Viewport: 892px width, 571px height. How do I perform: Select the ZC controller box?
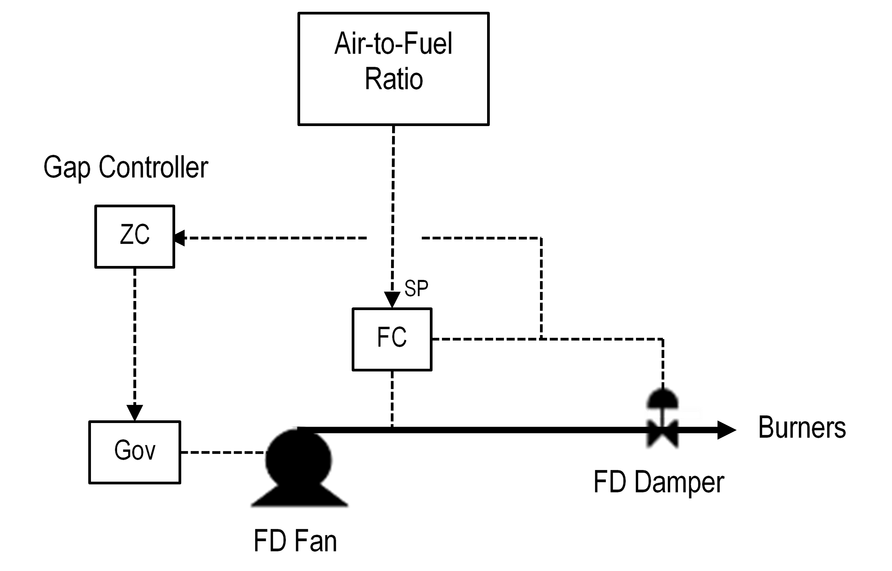tap(135, 236)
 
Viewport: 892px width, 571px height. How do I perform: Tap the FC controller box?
tap(392, 339)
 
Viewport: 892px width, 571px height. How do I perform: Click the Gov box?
tap(135, 452)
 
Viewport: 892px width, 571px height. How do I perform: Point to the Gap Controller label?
tap(126, 168)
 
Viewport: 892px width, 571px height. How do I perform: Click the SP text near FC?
tap(416, 288)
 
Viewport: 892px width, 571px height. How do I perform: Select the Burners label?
tap(802, 427)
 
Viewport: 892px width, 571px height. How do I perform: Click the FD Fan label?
tap(295, 541)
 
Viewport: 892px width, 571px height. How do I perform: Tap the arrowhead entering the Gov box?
tap(135, 412)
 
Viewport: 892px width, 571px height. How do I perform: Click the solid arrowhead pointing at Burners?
tap(726, 430)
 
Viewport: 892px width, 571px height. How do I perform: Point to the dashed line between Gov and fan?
tap(222, 452)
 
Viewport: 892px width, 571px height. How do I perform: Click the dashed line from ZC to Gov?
tap(135, 334)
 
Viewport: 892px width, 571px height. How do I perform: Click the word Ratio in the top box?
tap(394, 79)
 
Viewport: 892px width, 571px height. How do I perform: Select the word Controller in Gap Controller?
tap(153, 168)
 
